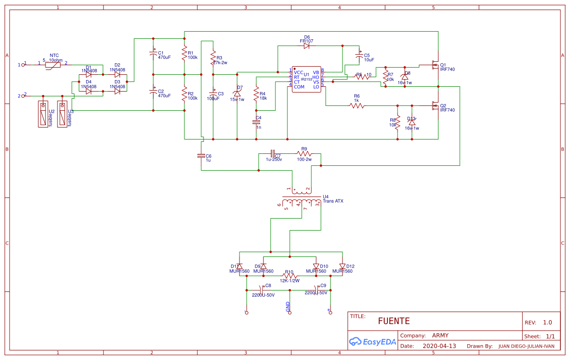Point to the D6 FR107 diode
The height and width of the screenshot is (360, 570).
tap(307, 46)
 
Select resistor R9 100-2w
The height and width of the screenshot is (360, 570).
tap(304, 154)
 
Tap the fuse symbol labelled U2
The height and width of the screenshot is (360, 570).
tap(44, 114)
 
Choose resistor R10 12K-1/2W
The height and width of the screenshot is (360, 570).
tap(289, 276)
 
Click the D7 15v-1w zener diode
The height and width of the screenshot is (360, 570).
tap(237, 93)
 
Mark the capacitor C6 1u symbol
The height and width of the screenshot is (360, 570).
tap(201, 156)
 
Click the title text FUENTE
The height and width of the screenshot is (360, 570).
tap(394, 321)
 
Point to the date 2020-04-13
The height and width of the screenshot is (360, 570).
tap(439, 346)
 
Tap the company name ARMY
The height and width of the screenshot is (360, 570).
tap(440, 336)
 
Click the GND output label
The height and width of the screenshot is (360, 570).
tap(288, 307)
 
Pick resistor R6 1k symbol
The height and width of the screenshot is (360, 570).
tap(357, 106)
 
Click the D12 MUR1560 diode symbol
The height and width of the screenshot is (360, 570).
tap(342, 267)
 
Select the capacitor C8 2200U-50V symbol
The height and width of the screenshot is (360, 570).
tap(261, 290)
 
